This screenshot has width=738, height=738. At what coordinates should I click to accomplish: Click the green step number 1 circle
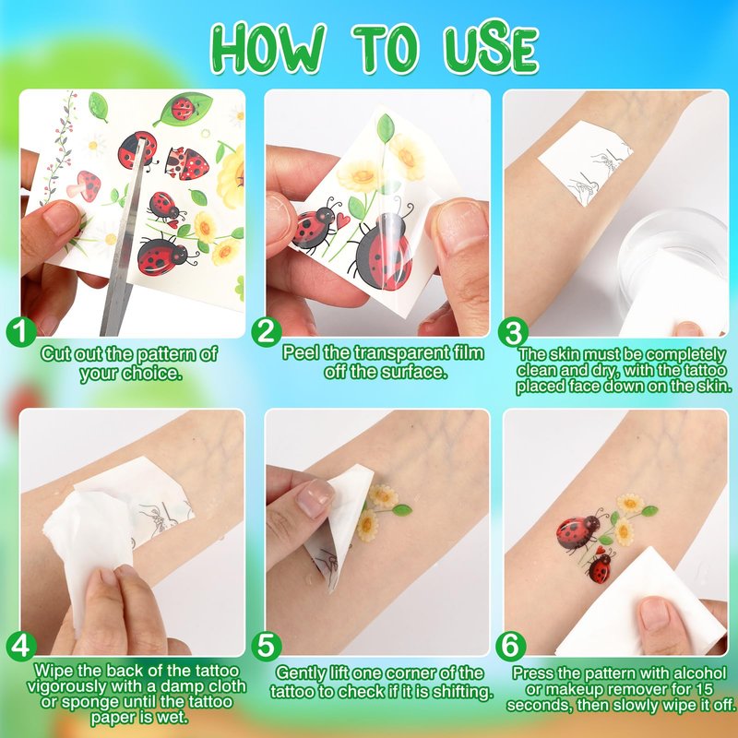click(21, 332)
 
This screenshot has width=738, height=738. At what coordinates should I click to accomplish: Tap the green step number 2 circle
click(267, 332)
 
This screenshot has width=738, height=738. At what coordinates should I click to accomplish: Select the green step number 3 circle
click(513, 332)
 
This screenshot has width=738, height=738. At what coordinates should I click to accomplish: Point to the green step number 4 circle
click(21, 646)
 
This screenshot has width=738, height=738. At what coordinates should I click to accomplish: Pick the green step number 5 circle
click(267, 646)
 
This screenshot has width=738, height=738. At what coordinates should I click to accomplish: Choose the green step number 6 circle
click(511, 646)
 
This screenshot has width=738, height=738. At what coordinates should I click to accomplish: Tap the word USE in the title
click(490, 47)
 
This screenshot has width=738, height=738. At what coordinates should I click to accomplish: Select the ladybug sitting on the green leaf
click(183, 108)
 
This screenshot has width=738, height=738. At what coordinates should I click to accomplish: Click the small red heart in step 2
click(342, 220)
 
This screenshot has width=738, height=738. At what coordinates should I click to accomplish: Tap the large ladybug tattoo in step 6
click(578, 532)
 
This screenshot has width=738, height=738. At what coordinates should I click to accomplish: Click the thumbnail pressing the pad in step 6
click(654, 614)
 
